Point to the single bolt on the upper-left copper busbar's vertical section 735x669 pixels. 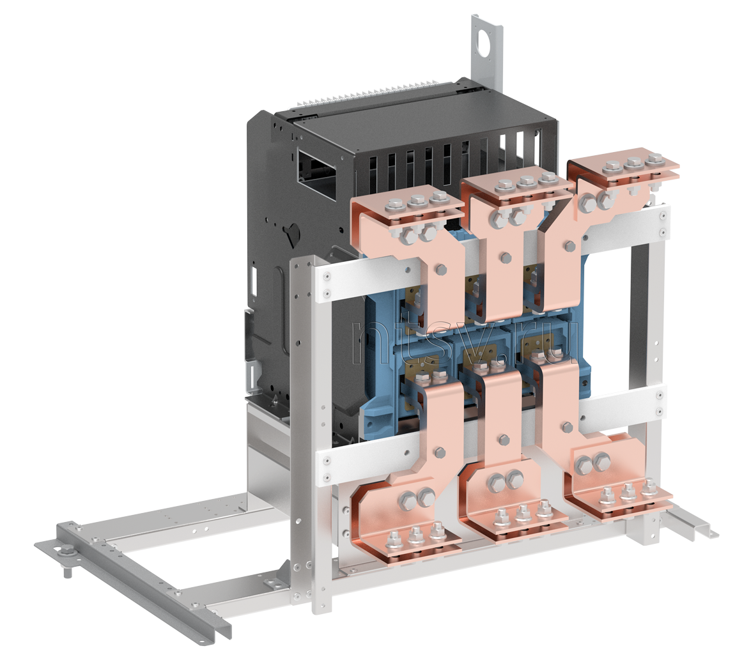pyautogui.click(x=440, y=269)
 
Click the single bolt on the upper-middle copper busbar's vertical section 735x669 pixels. pyautogui.click(x=506, y=258)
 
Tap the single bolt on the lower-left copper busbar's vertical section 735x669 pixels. pyautogui.click(x=440, y=452)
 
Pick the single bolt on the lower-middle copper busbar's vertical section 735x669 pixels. pyautogui.click(x=504, y=440)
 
